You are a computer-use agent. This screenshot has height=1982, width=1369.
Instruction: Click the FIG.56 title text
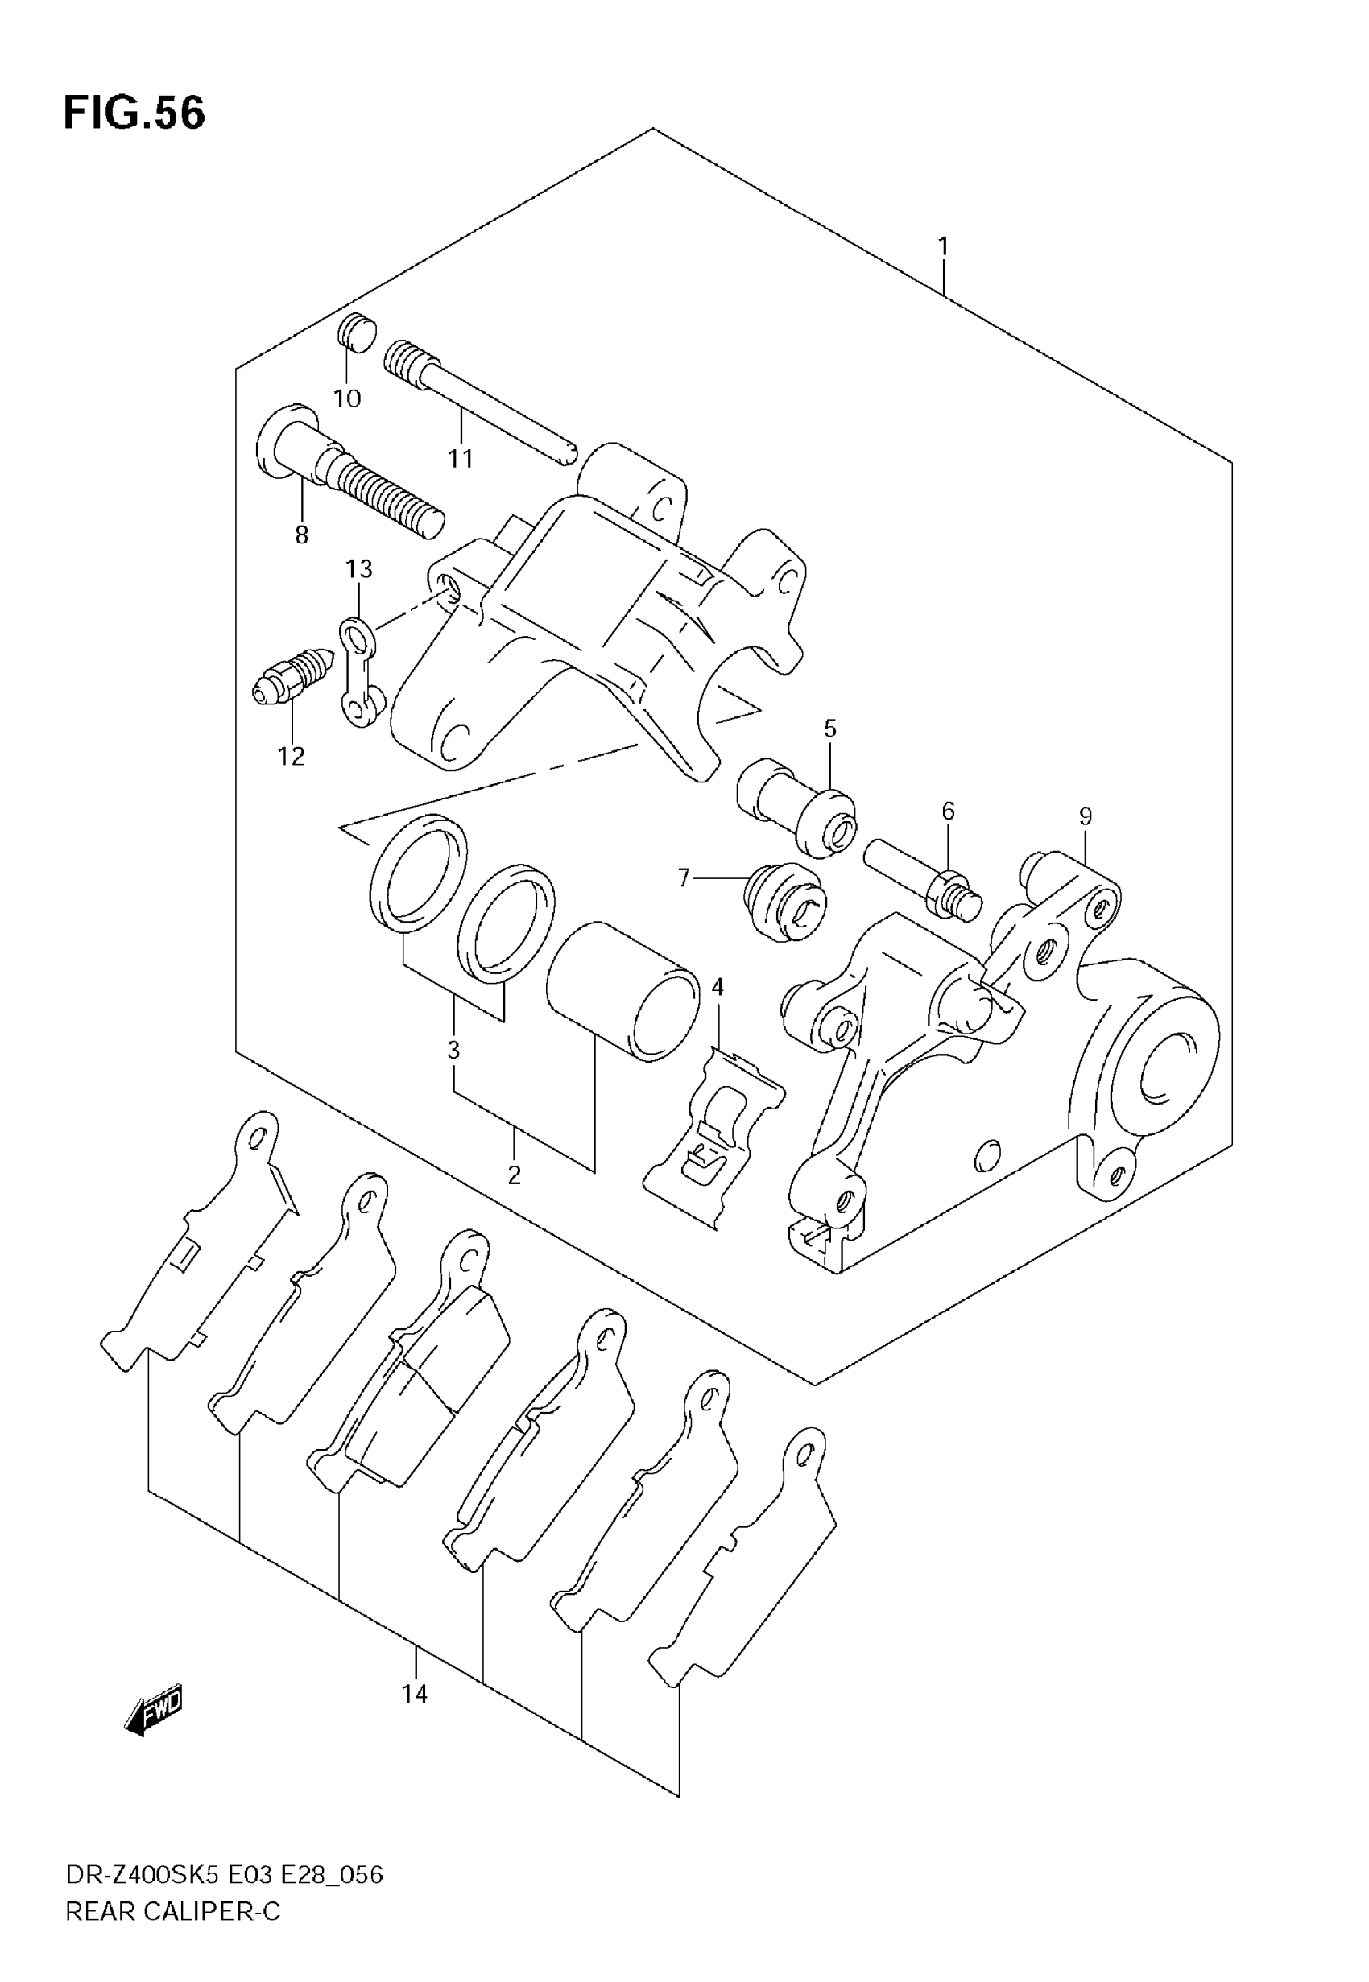coord(134,114)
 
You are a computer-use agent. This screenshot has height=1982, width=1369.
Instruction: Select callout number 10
coord(347,398)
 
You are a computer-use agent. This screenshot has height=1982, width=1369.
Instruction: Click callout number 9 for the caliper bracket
coord(1085,816)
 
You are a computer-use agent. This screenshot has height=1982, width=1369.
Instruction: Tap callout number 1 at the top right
coord(944,247)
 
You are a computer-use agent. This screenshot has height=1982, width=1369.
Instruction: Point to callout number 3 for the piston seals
coord(453,1049)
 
